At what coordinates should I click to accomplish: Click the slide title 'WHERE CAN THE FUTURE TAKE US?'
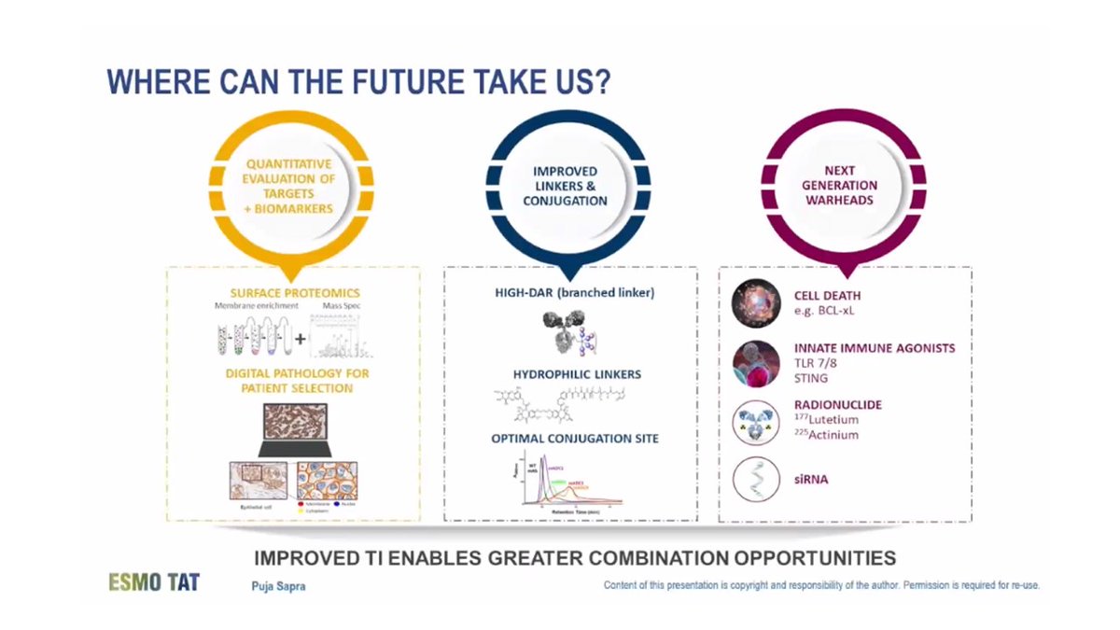[359, 81]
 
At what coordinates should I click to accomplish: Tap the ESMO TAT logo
[153, 582]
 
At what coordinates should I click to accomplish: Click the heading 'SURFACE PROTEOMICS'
[295, 293]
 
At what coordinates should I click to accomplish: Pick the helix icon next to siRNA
[755, 480]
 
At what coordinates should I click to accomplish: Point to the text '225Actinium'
[827, 435]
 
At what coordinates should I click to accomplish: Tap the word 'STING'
[810, 379]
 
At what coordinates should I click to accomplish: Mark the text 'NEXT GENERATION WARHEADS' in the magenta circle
[840, 187]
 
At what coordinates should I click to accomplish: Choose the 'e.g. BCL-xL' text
[823, 310]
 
